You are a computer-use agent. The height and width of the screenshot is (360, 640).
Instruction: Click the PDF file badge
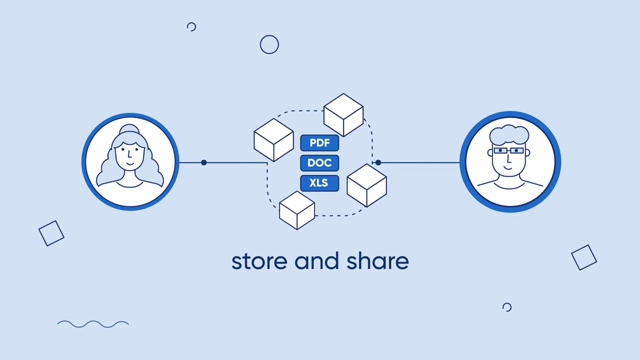point(319,143)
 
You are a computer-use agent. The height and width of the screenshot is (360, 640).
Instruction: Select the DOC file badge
point(319,163)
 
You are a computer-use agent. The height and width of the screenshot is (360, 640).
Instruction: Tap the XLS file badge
point(319,183)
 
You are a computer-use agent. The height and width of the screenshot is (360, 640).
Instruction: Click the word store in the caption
point(259,262)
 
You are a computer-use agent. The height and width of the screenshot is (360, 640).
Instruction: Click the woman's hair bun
point(130,129)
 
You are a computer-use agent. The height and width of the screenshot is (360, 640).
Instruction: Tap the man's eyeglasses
point(508,151)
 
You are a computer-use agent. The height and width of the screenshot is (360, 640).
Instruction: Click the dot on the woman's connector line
point(204,163)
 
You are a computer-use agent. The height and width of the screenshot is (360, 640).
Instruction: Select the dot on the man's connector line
point(378,163)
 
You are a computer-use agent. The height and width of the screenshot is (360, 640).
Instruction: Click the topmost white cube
point(343,115)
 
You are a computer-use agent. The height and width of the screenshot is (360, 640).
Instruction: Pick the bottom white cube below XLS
point(297,210)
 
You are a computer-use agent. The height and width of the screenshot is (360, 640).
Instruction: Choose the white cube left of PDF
point(274,140)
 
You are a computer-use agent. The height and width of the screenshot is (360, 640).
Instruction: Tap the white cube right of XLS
point(367,185)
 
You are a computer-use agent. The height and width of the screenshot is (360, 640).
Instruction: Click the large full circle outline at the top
point(269,45)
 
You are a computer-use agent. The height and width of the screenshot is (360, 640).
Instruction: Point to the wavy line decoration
point(93,324)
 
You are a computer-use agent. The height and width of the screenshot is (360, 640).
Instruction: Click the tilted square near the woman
point(51,233)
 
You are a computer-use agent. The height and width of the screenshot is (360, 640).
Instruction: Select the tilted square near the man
point(584,258)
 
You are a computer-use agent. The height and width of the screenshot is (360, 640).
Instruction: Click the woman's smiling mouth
point(130,164)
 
